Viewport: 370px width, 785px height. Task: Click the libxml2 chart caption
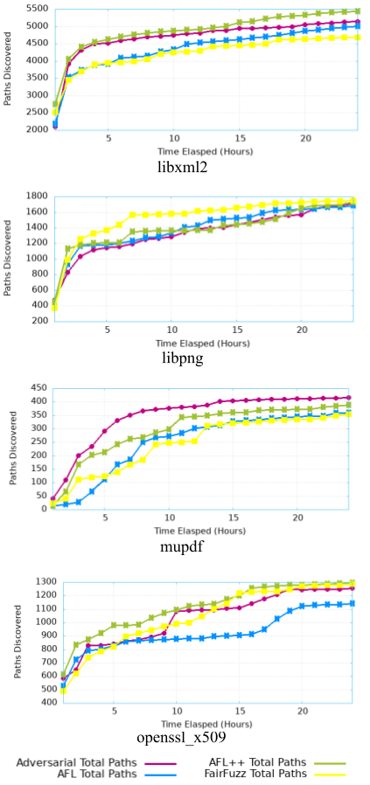(181, 167)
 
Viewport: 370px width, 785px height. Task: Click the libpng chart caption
(181, 359)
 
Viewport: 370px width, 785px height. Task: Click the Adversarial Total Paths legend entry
(76, 762)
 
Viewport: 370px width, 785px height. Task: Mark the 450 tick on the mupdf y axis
(39, 388)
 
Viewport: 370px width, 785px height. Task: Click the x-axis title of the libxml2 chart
(205, 150)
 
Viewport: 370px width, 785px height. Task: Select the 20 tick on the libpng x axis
(300, 330)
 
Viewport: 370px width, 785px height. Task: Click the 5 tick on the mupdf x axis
(105, 517)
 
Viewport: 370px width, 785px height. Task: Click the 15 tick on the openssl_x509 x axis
(240, 711)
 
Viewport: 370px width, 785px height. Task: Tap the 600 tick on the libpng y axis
(39, 289)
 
